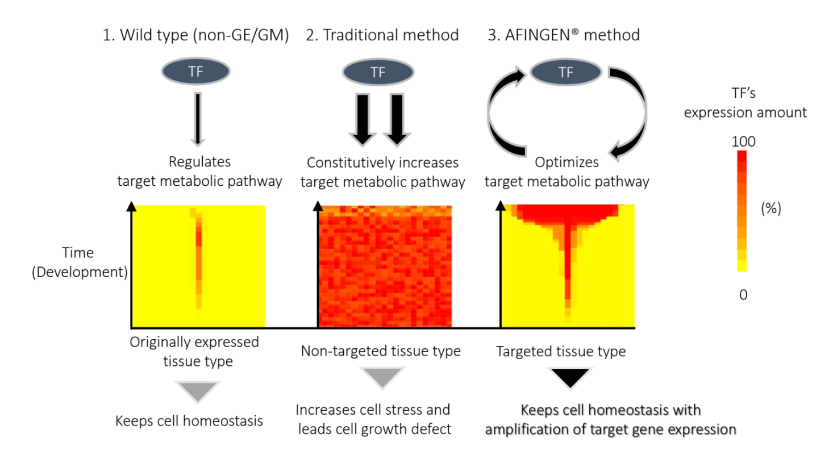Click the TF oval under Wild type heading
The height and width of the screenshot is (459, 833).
pos(196,73)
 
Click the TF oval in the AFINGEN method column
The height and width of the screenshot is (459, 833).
pos(565,73)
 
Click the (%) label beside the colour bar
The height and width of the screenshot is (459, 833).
pos(771,209)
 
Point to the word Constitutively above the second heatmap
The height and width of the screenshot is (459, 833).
pos(348,162)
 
